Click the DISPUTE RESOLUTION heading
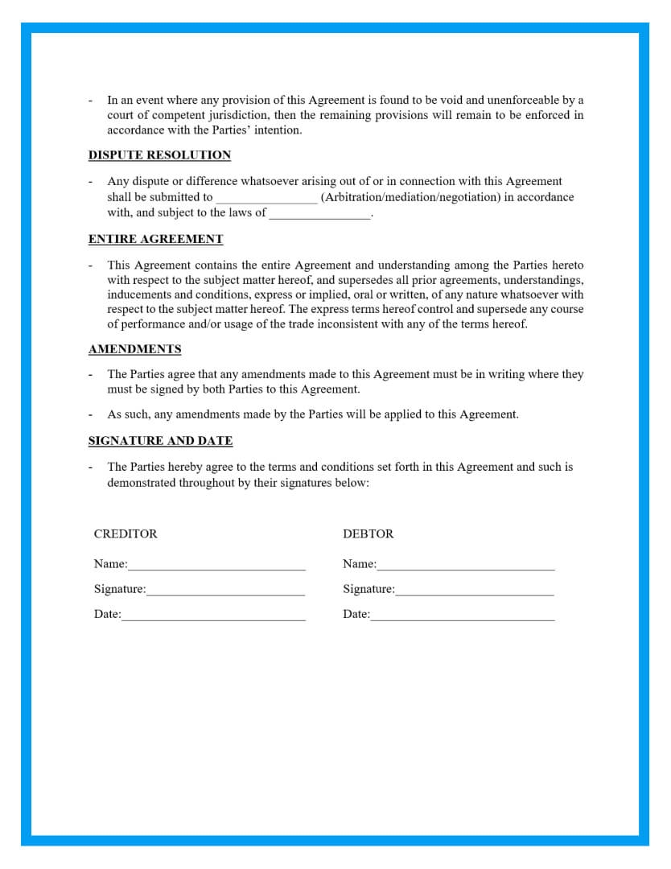(159, 155)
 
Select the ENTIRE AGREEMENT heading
(155, 239)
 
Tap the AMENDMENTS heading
(134, 349)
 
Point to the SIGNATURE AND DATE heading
(160, 441)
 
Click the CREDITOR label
(126, 534)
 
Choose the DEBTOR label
(368, 534)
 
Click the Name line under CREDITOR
(216, 566)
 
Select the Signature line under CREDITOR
(225, 591)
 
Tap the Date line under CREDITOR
(213, 616)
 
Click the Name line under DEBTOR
(466, 566)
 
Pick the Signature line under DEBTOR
(475, 591)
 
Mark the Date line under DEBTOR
(463, 616)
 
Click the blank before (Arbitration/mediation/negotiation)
(266, 199)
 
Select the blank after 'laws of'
(320, 215)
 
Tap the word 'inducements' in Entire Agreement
(138, 294)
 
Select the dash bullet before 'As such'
(91, 415)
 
